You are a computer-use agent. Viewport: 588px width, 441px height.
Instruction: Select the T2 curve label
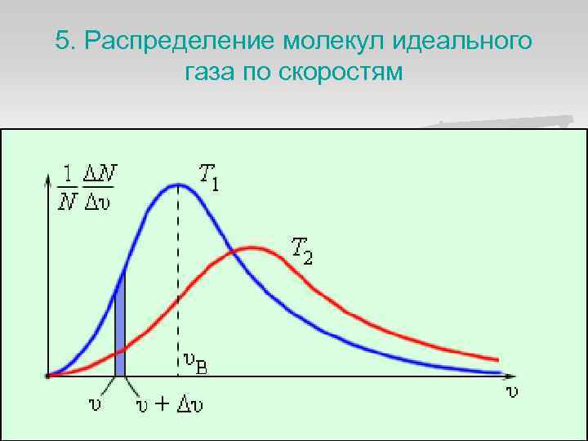[x=302, y=249]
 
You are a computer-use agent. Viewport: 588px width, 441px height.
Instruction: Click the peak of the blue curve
[x=178, y=185]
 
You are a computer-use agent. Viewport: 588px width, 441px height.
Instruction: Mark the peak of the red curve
[x=256, y=247]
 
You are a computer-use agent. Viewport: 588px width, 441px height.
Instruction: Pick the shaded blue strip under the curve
[x=120, y=327]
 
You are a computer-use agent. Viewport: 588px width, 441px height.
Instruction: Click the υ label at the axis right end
[x=512, y=391]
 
